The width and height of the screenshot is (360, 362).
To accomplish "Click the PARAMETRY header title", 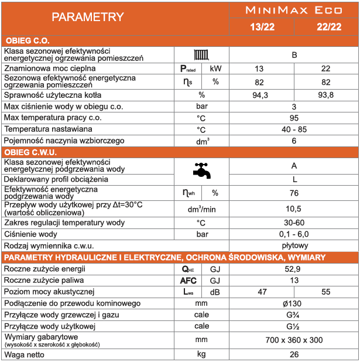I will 87,17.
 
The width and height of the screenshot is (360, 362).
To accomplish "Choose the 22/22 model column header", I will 327,28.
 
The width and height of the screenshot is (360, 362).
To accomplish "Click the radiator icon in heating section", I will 201,55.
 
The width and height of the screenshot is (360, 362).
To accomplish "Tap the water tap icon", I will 201,170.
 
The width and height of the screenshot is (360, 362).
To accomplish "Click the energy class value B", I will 294,55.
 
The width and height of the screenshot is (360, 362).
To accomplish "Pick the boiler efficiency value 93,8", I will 326,95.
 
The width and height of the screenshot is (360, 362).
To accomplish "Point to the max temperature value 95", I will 294,118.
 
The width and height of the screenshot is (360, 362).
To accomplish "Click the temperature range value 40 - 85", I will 294,129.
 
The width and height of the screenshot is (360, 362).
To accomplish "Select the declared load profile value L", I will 294,179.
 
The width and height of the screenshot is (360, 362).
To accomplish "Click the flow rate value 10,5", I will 294,209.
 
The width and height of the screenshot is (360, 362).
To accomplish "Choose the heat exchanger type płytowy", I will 294,245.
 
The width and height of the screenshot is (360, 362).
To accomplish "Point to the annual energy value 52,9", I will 294,269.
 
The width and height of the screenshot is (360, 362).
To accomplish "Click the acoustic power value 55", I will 326,292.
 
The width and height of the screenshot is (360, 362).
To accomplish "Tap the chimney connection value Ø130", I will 294,303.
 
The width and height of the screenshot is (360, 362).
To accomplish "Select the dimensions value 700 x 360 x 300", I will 294,340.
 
